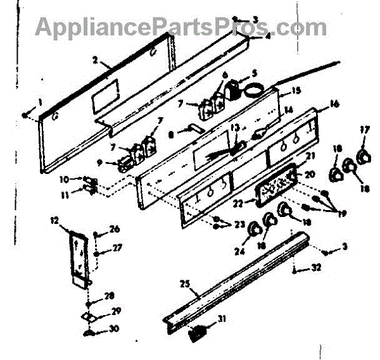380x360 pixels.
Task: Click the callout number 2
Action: pyautogui.click(x=94, y=61)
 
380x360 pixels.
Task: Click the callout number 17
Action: pyautogui.click(x=364, y=130)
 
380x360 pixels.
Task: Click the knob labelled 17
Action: pyautogui.click(x=363, y=156)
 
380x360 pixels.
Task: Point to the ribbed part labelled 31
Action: pyautogui.click(x=199, y=330)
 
